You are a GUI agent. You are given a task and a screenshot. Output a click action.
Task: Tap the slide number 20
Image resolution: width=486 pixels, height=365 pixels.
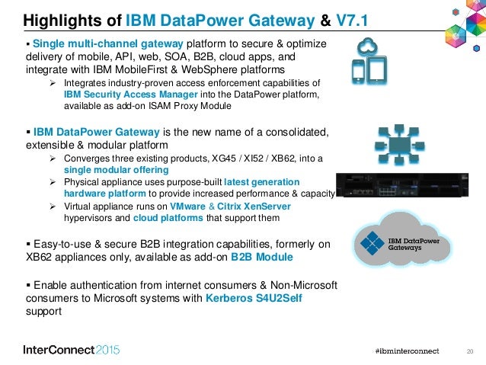469,350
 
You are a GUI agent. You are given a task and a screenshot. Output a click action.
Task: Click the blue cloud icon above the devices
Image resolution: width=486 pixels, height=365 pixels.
371,44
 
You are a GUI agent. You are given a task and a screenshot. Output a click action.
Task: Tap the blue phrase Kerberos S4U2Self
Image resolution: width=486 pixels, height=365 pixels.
254,298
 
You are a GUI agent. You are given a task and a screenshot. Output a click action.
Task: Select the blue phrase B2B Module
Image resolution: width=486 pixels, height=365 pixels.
261,258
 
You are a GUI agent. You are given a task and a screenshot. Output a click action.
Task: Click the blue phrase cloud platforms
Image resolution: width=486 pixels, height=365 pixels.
168,218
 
